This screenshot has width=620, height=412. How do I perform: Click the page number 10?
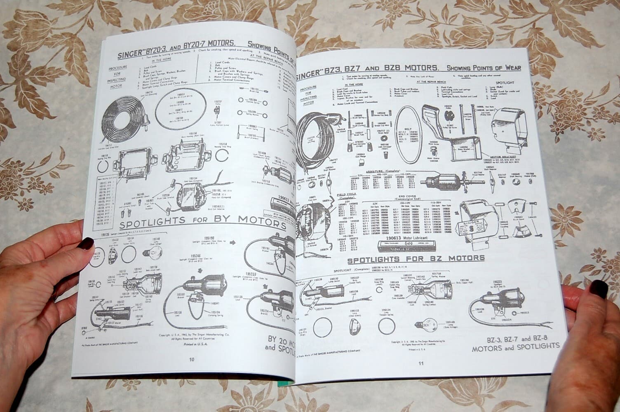coord(192,359)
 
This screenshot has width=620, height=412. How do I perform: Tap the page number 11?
coord(420,363)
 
